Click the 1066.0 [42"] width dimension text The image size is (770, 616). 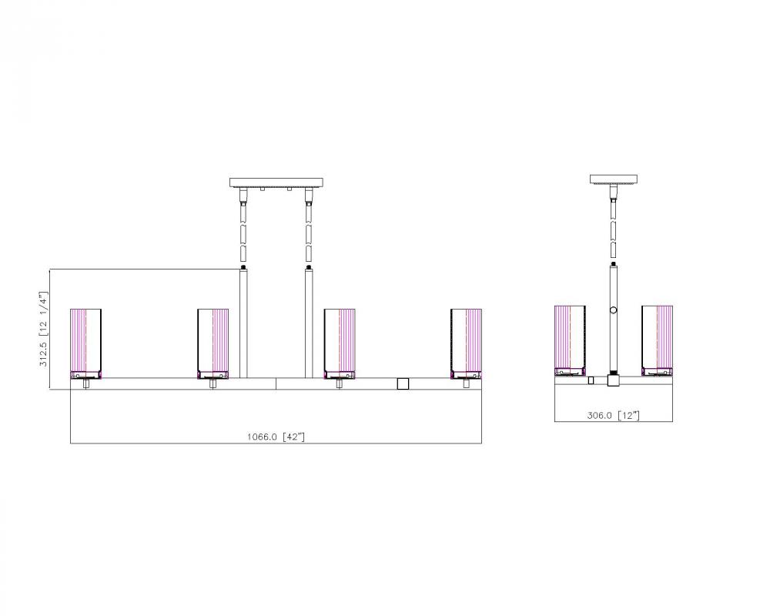point(276,437)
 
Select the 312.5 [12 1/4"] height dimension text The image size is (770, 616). point(44,329)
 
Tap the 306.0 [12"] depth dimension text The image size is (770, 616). point(614,415)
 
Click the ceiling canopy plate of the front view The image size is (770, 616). point(276,182)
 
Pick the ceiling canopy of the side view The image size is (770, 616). point(614,179)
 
